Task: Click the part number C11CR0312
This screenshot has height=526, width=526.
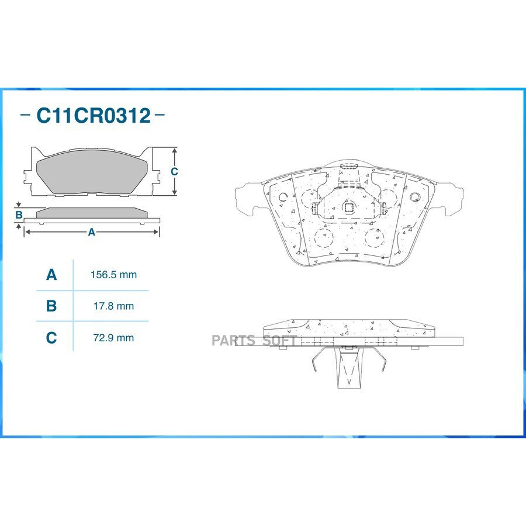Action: coord(94,115)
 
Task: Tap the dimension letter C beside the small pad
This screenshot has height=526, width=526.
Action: coord(174,171)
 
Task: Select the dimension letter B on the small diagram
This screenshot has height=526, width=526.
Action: coord(19,215)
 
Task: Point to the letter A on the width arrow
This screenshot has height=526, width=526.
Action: coord(91,232)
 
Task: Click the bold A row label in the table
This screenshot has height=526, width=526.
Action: coord(51,274)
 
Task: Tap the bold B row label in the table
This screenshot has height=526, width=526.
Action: coord(51,306)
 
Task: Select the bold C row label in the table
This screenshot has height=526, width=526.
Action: coord(51,337)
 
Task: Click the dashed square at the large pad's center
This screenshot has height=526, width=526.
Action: coord(348,206)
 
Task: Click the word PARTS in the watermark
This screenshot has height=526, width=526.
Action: coord(233,341)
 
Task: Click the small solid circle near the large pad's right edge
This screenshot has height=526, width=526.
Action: coord(415,196)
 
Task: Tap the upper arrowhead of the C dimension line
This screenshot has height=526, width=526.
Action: coord(174,151)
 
